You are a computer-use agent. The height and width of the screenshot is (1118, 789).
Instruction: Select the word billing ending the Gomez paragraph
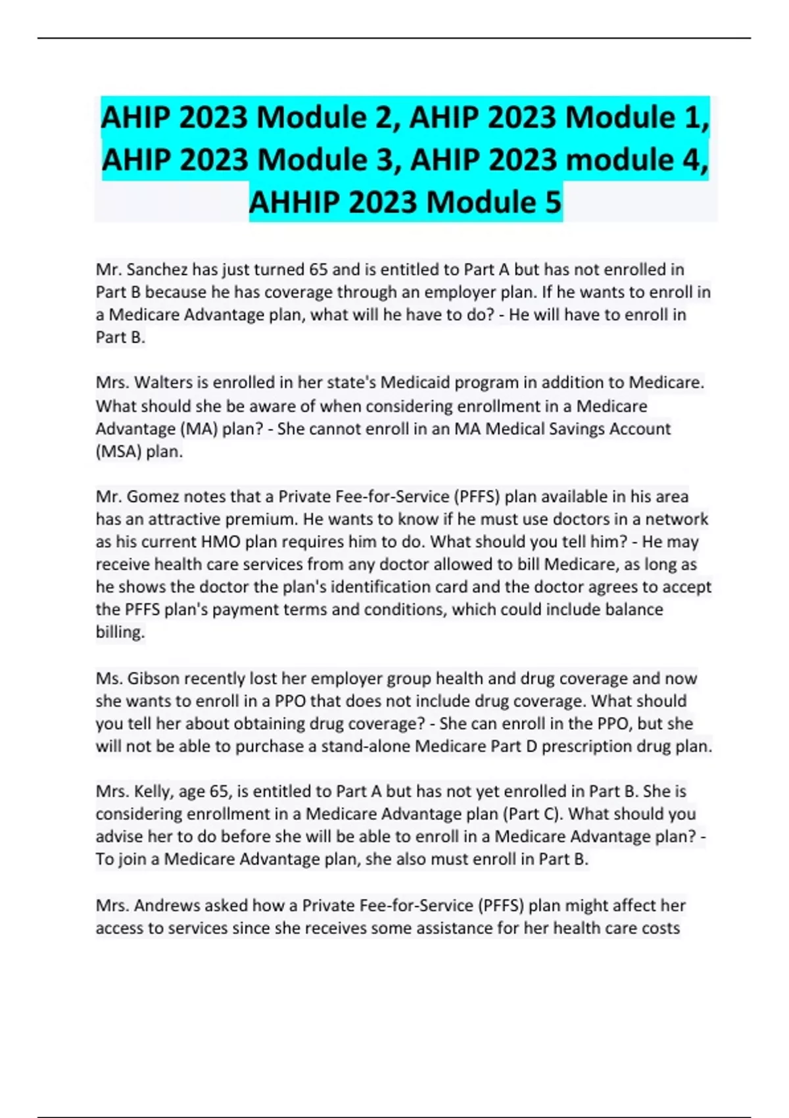coord(120,632)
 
